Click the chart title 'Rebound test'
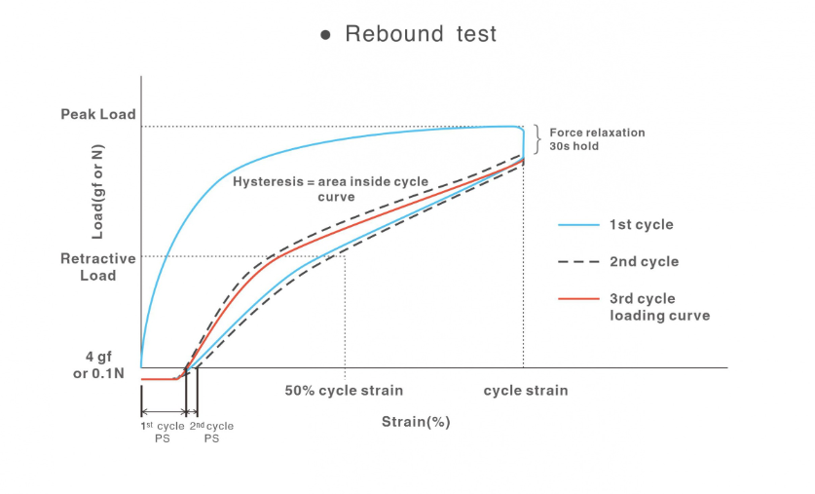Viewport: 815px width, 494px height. pyautogui.click(x=421, y=34)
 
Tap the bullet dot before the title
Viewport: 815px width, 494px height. pyautogui.click(x=326, y=35)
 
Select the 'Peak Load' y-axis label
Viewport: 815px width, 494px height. pyautogui.click(x=98, y=115)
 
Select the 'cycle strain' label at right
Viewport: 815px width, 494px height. pyautogui.click(x=526, y=391)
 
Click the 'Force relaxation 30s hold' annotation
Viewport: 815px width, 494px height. pyautogui.click(x=597, y=139)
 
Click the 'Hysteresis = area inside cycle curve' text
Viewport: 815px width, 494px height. pyautogui.click(x=330, y=189)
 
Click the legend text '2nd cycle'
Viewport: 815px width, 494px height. pyautogui.click(x=644, y=262)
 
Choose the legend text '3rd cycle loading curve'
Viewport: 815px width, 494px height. pyautogui.click(x=659, y=307)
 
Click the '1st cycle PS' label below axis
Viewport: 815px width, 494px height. pyautogui.click(x=162, y=433)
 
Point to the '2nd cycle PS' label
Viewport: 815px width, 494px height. pyautogui.click(x=211, y=433)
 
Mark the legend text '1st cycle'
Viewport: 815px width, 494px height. pyautogui.click(x=641, y=225)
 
